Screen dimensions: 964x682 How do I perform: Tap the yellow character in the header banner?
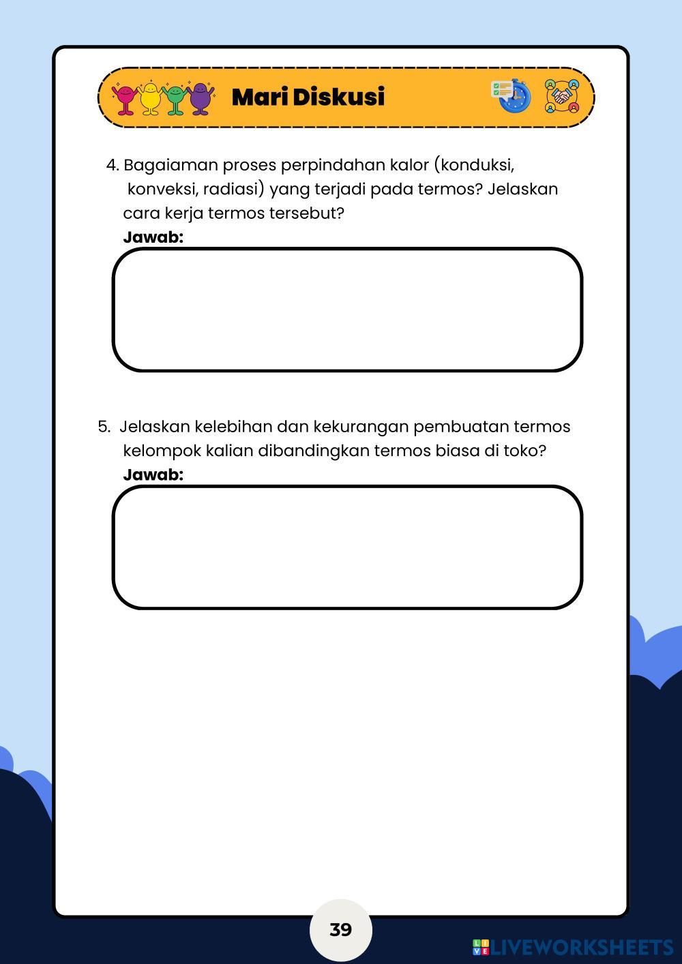pyautogui.click(x=149, y=98)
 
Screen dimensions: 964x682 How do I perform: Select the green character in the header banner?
pyautogui.click(x=175, y=98)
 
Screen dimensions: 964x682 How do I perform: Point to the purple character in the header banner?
pyautogui.click(x=200, y=98)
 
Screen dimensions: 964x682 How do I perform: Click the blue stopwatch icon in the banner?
pyautogui.click(x=512, y=96)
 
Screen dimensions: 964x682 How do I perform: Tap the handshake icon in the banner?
pyautogui.click(x=561, y=96)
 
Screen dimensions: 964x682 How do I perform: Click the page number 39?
pyautogui.click(x=340, y=929)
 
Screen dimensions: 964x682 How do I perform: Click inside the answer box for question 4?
pyautogui.click(x=347, y=310)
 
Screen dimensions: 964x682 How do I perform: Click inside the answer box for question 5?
pyautogui.click(x=347, y=547)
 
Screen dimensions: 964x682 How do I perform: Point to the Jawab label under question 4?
pyautogui.click(x=153, y=237)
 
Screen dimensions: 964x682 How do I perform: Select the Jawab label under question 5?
pyautogui.click(x=153, y=475)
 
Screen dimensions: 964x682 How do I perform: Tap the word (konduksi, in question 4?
pyautogui.click(x=474, y=165)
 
